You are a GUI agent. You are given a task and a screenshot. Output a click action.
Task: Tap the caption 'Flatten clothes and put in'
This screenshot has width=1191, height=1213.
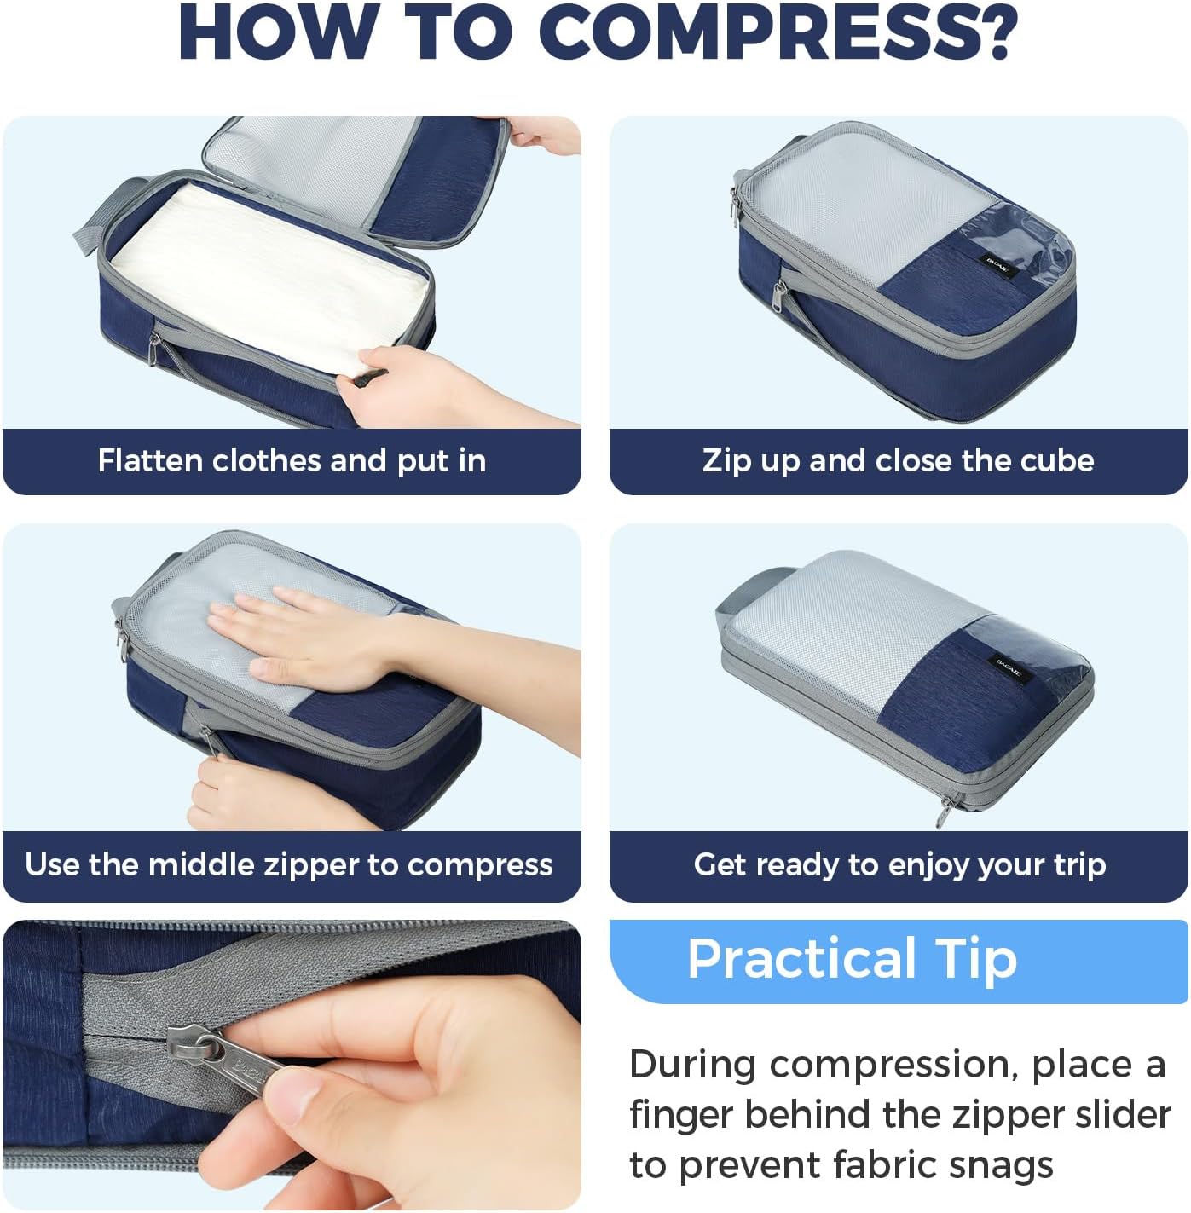pyautogui.click(x=292, y=461)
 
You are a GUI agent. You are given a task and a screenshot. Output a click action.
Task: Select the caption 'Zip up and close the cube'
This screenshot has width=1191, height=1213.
pyautogui.click(x=898, y=461)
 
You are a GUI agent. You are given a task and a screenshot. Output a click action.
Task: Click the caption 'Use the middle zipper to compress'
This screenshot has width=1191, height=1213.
pyautogui.click(x=289, y=865)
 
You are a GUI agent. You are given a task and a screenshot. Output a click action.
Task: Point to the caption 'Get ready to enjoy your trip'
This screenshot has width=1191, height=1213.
pyautogui.click(x=899, y=865)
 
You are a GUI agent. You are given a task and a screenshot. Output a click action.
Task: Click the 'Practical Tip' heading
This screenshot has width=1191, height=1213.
pyautogui.click(x=852, y=959)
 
